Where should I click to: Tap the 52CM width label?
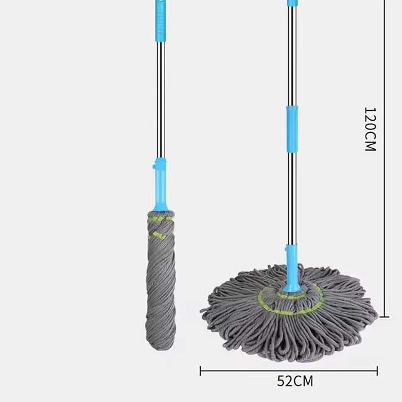[x=295, y=381]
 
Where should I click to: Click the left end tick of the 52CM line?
[x=200, y=370]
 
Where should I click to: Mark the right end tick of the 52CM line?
[x=378, y=370]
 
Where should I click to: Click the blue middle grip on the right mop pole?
[x=292, y=129]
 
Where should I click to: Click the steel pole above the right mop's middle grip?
[x=292, y=57]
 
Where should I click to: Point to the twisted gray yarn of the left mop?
[x=160, y=283]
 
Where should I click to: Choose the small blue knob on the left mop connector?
[x=155, y=168]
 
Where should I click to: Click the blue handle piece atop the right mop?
[x=292, y=3]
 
